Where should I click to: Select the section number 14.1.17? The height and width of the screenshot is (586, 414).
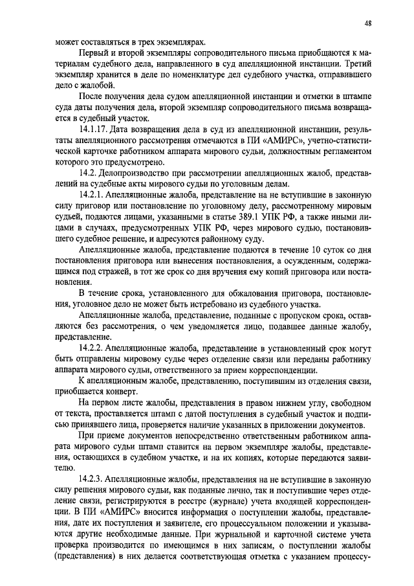98,130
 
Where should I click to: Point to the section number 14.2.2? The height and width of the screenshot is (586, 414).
96,347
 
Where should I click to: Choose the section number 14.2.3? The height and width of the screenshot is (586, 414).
96,479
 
